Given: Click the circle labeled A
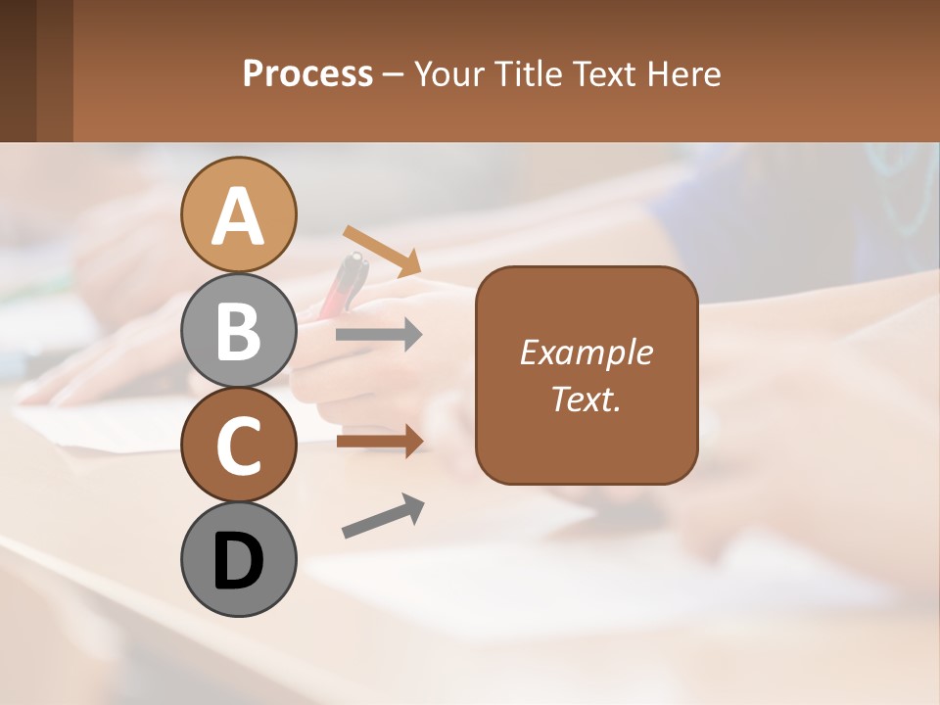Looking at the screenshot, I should (x=238, y=214).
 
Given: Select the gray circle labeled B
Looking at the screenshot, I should (x=238, y=330).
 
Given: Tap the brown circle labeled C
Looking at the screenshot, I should (x=238, y=445).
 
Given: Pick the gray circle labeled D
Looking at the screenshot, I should (x=238, y=559).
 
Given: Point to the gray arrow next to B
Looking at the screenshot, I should (x=379, y=335).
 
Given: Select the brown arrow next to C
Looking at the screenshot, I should (x=379, y=441).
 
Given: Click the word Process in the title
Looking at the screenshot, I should (x=307, y=73).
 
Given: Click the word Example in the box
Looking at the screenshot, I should (x=586, y=352).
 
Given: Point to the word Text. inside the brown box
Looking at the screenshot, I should (x=586, y=399).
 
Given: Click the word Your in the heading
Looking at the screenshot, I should (x=447, y=73).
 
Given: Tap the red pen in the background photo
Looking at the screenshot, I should (x=345, y=284).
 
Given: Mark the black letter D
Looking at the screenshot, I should (x=238, y=563).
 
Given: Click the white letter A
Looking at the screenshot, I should (x=238, y=217).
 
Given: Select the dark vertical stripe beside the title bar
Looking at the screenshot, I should (x=18, y=70).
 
